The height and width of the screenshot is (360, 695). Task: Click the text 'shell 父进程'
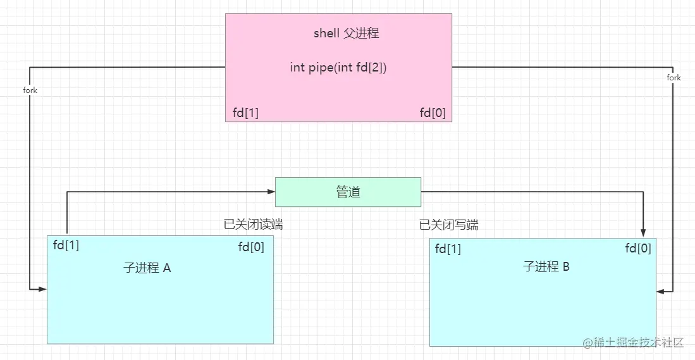346,34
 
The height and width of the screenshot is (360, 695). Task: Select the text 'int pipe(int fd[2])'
338,68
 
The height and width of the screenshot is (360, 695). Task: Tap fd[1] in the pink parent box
245,113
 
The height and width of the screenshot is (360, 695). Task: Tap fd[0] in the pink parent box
433,113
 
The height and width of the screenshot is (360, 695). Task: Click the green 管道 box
348,192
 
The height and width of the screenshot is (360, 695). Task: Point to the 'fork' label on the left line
30,90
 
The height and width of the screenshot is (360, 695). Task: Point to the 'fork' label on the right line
674,77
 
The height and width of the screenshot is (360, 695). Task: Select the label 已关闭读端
253,225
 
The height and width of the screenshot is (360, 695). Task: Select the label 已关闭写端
448,225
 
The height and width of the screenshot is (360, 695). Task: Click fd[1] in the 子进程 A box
66,245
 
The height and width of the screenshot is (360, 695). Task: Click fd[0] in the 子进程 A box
251,247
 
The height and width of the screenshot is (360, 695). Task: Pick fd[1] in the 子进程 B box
448,249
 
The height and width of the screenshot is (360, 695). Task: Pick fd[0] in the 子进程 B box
638,249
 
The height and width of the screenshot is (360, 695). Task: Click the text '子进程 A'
147,268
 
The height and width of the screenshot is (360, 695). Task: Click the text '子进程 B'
546,266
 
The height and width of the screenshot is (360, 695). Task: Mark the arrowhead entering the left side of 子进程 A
43,289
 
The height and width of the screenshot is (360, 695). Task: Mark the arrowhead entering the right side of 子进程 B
661,292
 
